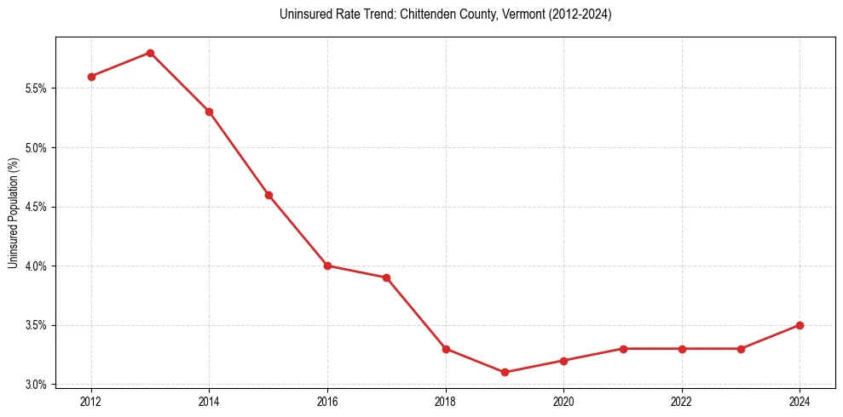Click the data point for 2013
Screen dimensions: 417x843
coord(150,53)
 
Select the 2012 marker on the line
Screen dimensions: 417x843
coord(91,77)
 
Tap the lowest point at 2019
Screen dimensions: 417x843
coord(505,372)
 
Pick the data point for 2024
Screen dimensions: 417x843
coord(800,325)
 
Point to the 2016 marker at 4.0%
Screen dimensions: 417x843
coord(327,266)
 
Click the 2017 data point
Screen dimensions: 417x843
coord(386,277)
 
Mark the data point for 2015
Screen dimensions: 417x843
coord(268,195)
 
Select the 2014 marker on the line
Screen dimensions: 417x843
coord(209,111)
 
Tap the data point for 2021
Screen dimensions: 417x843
coord(623,349)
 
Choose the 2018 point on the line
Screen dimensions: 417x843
coord(446,349)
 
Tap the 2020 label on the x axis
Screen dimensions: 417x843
coord(563,401)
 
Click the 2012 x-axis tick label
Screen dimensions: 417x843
coord(91,401)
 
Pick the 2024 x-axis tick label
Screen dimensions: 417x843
coord(800,401)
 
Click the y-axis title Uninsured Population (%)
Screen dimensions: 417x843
coord(13,213)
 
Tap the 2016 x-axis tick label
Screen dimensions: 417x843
coord(327,401)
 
